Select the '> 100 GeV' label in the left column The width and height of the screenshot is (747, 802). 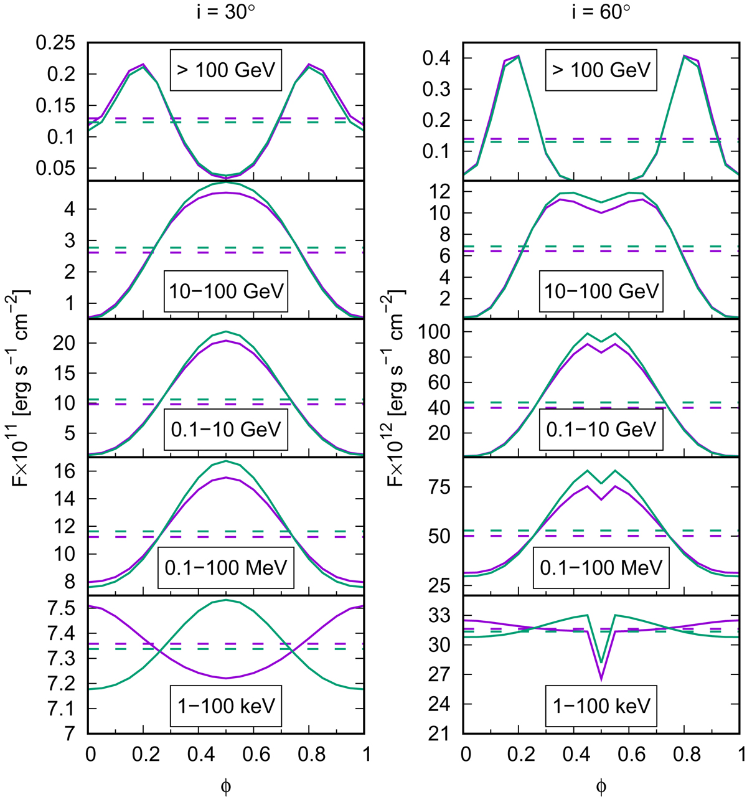point(225,69)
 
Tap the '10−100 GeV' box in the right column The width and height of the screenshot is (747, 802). point(601,291)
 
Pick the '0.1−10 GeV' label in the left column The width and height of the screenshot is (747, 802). point(225,429)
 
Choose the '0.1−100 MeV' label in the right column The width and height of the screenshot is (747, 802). point(601,567)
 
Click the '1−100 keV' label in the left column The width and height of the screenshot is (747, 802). point(225,705)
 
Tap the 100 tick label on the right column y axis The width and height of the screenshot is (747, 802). point(438,332)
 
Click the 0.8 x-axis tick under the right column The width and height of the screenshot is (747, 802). point(685,754)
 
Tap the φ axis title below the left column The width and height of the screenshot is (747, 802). point(226,786)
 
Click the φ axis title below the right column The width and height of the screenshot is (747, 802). point(601,786)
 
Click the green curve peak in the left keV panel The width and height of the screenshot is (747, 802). point(226,600)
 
